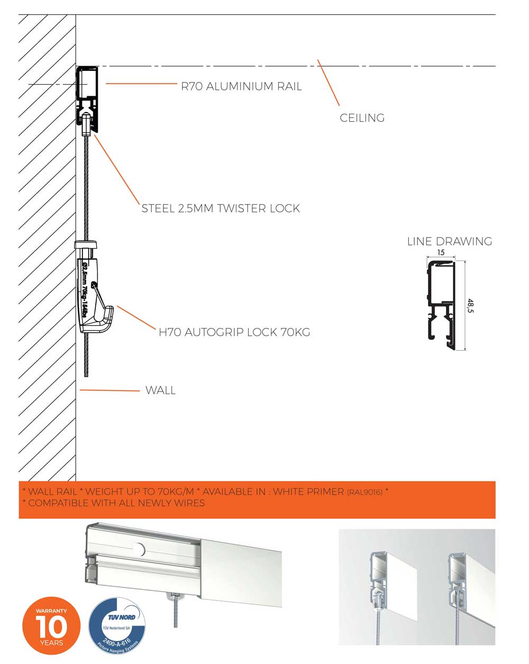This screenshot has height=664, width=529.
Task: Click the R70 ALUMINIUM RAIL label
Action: [241, 86]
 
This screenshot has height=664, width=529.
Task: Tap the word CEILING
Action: [362, 118]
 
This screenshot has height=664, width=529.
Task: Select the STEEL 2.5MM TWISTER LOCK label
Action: [221, 208]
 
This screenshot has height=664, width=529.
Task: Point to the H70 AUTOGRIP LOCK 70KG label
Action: [234, 332]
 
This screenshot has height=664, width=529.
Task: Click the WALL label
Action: [160, 390]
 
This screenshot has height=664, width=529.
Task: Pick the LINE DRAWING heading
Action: [449, 241]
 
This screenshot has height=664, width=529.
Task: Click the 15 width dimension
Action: [441, 253]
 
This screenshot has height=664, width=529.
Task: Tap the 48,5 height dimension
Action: [470, 305]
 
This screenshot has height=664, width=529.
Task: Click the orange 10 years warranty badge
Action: [51, 627]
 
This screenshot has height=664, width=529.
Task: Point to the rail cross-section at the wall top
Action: [87, 98]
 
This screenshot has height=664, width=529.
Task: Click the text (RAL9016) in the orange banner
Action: [364, 493]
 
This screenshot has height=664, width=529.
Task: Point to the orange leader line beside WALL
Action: [108, 390]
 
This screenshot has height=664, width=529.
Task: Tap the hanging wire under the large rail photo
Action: [176, 614]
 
